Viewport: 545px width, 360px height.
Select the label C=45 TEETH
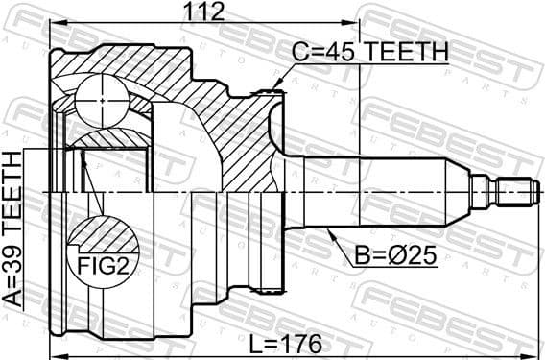pos(368,54)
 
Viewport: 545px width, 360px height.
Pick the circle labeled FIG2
pos(102,245)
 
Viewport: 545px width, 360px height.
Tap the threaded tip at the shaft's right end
pos(513,192)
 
